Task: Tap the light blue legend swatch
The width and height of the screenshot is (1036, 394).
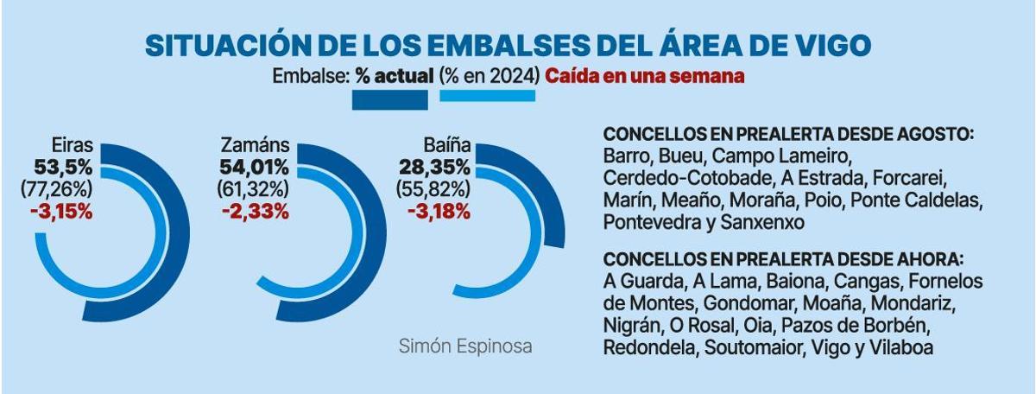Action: [487, 96]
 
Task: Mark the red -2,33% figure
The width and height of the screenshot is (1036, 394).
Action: [255, 211]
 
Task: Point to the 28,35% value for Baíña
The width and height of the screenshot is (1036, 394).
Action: [434, 167]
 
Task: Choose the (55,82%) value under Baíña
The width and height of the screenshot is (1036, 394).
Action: [433, 188]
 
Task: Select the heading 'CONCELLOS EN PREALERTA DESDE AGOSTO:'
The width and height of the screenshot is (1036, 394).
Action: [788, 137]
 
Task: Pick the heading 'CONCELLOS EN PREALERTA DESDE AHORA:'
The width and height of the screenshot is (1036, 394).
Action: [782, 260]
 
